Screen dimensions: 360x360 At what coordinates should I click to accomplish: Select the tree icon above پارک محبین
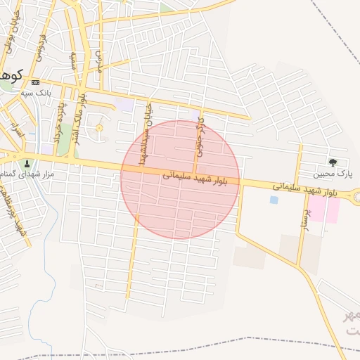(333, 162)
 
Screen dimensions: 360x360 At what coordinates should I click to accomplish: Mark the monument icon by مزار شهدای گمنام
(27, 163)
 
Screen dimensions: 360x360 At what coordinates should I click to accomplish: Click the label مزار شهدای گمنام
(28, 173)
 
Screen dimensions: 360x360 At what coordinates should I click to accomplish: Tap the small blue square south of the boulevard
(274, 200)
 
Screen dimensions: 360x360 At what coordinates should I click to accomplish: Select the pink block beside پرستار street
(325, 210)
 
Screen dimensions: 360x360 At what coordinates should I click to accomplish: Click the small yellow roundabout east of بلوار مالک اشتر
(99, 127)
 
